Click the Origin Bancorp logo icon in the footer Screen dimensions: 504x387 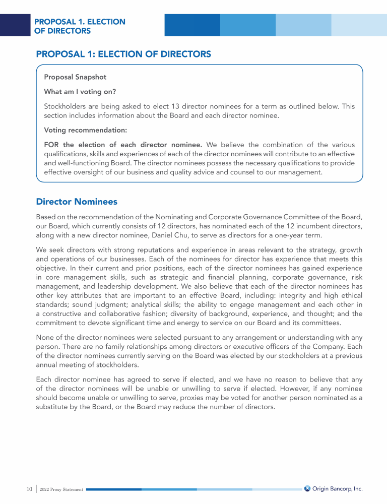[x=307, y=488]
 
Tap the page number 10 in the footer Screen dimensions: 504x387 [x=30, y=489]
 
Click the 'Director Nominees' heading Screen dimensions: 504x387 [x=77, y=202]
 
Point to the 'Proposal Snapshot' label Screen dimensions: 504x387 [x=75, y=77]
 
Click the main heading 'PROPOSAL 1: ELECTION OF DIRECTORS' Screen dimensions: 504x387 [x=123, y=54]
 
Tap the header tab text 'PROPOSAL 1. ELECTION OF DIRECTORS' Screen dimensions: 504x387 [x=80, y=26]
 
